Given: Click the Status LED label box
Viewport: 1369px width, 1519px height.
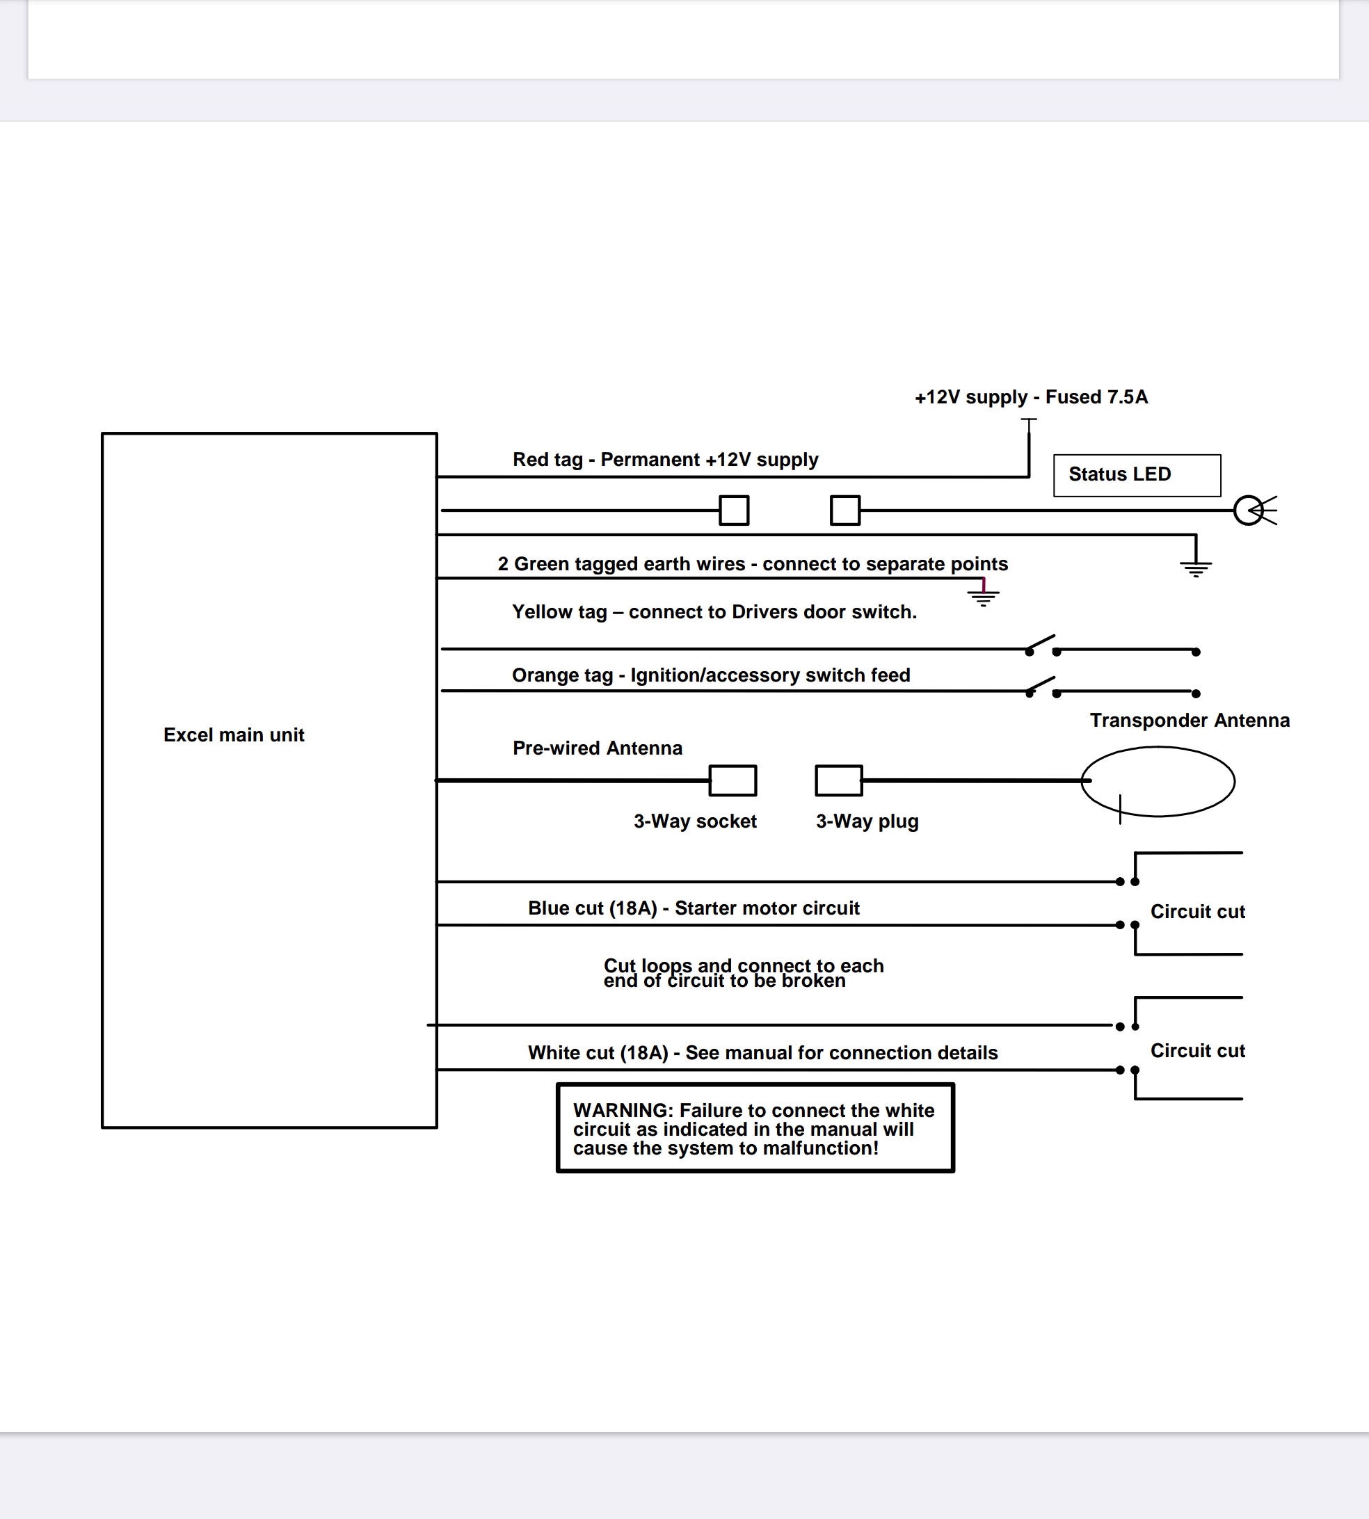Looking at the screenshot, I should point(1137,475).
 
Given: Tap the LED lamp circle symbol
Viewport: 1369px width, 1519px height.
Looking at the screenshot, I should point(1249,511).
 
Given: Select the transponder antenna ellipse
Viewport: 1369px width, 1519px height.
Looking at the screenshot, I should point(1158,781).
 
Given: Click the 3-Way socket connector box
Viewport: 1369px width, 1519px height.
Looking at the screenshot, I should point(732,780).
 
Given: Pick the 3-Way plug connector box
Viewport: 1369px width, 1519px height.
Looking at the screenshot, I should point(839,780).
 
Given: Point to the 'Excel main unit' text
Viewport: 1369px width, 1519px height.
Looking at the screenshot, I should point(234,734).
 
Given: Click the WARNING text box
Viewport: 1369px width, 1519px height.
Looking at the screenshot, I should point(755,1128).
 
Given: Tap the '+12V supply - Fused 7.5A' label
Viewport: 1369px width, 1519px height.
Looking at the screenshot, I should point(1030,397).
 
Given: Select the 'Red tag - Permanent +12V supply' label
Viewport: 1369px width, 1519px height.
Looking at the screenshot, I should point(665,460).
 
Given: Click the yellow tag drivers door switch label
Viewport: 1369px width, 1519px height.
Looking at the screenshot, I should point(714,612).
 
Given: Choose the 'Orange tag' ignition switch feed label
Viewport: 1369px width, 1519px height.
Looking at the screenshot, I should point(711,675).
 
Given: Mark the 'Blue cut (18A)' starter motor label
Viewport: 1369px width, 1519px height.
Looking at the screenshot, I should point(694,908).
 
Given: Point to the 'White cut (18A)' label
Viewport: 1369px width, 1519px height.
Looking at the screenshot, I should point(762,1053).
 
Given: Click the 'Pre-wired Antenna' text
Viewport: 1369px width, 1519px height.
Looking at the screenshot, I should point(598,748).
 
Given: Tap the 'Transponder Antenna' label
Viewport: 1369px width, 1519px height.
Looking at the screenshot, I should point(1190,721).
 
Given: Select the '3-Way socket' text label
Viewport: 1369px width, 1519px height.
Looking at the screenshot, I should point(695,821).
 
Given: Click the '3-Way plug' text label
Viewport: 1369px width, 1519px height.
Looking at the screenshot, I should point(867,821).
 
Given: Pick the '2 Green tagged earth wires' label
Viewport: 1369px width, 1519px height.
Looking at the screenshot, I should point(752,564).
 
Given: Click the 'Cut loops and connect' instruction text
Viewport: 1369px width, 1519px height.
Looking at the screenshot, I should point(743,973).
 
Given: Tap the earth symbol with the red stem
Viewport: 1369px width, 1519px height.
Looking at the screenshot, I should point(983,594).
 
